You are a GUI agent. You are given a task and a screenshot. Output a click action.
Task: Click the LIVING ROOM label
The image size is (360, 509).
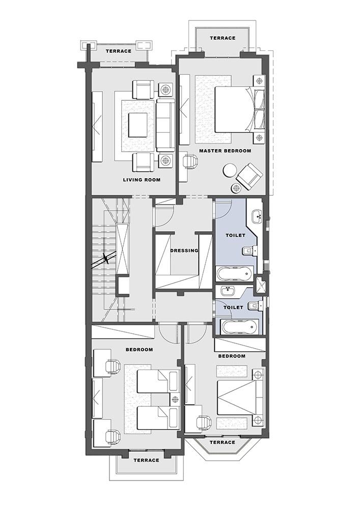(142, 180)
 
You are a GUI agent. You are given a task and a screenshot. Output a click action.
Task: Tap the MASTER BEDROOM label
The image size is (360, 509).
(225, 151)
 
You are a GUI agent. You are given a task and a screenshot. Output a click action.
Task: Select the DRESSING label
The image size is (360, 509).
(184, 250)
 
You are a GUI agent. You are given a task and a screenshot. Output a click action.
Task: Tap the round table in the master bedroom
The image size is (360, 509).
(230, 170)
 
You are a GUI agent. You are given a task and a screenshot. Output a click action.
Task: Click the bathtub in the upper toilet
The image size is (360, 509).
(234, 274)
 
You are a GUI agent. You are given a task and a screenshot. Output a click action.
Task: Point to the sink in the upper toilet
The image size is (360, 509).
(258, 215)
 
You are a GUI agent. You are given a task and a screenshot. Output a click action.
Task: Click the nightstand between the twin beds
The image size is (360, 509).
(176, 399)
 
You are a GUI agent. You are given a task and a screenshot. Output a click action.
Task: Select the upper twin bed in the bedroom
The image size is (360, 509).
(157, 382)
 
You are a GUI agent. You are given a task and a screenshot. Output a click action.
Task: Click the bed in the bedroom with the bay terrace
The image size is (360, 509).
(240, 398)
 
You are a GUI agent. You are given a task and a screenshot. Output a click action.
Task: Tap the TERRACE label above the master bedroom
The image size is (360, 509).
(223, 38)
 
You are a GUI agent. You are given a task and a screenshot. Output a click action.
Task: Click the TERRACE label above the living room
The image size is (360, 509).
(119, 51)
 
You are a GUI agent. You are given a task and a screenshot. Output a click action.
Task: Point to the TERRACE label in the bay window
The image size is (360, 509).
(223, 442)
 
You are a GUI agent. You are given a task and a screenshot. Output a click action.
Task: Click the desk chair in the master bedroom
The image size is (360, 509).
(190, 161)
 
